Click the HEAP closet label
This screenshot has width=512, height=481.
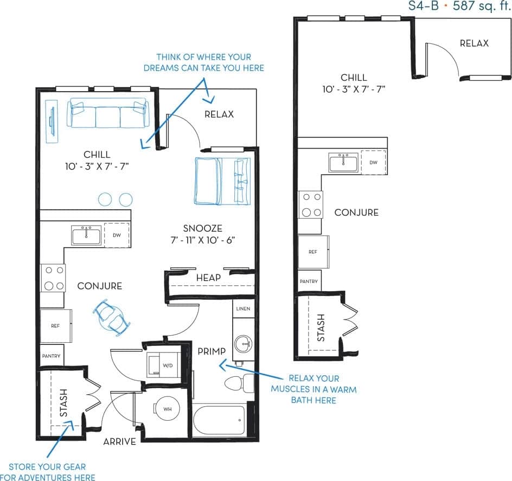tap(209, 278)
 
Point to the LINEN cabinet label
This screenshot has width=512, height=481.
tap(243, 309)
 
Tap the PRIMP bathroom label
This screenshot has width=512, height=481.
tap(212, 351)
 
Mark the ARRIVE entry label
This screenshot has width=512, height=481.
tap(120, 441)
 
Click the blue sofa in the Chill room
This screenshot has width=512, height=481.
tap(107, 113)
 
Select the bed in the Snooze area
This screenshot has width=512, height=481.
tap(222, 181)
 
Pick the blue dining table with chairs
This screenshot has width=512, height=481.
tap(112, 317)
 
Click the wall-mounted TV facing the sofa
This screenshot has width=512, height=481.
tap(52, 122)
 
